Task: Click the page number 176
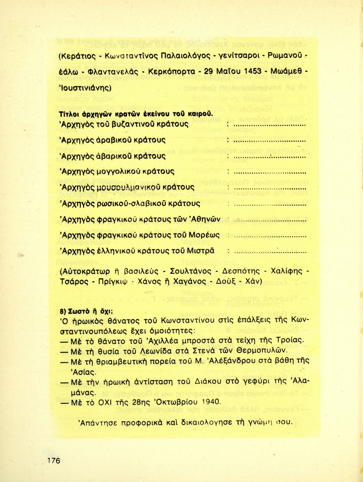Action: (54, 460)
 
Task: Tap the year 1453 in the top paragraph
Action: (253, 71)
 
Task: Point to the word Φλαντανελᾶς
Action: (112, 71)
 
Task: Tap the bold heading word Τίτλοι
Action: (68, 114)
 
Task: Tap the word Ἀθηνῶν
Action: (206, 219)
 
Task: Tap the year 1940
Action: (212, 402)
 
